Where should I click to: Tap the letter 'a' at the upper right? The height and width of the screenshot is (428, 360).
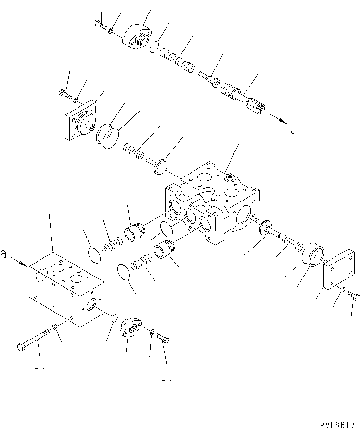tap(293, 128)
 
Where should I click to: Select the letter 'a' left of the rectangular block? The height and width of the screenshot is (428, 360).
tap(4, 255)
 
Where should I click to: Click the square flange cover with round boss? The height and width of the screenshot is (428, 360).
tap(79, 122)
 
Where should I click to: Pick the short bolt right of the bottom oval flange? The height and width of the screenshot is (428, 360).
tap(164, 340)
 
